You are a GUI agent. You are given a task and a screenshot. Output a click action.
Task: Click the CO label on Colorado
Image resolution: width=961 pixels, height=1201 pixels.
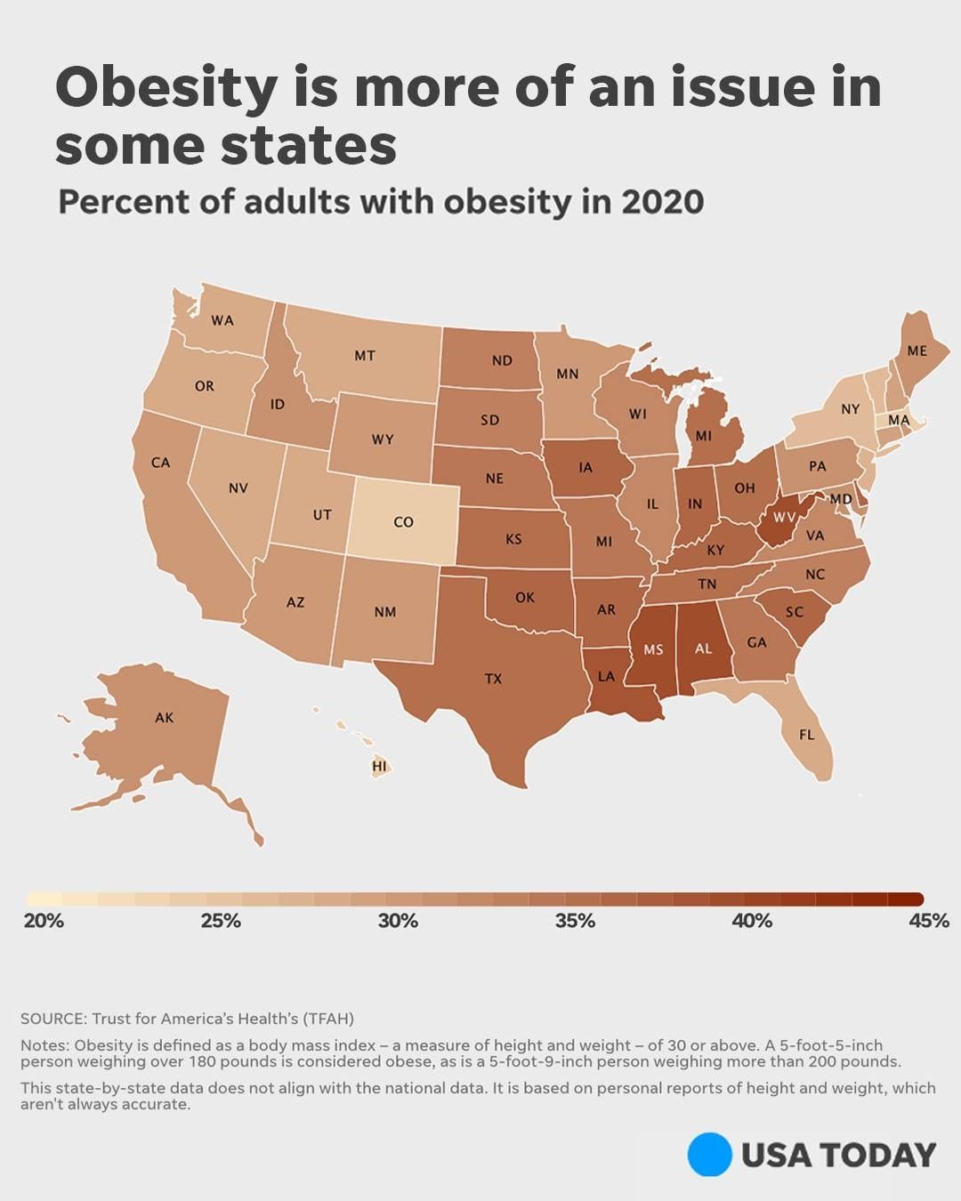(x=403, y=522)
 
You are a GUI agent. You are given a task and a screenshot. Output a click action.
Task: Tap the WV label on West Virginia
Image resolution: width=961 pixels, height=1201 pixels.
(x=784, y=517)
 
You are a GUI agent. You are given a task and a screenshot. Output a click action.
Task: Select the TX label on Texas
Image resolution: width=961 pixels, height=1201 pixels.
(x=493, y=679)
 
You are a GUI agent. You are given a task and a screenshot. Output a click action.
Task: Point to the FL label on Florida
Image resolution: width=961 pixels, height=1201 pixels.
(x=806, y=735)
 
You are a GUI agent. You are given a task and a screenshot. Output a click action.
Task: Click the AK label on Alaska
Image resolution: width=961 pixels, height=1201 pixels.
(x=165, y=717)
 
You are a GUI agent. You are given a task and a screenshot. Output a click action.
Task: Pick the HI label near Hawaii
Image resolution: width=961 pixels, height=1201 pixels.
(x=380, y=766)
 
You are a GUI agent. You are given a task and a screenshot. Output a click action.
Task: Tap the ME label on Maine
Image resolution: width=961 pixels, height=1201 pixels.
(x=917, y=351)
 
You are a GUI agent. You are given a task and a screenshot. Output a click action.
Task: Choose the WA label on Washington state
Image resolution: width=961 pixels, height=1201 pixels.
(x=222, y=320)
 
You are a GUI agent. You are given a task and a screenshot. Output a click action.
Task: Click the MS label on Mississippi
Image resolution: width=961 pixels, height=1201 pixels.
(x=653, y=649)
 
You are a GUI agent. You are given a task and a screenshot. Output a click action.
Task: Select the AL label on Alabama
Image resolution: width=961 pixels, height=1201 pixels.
(x=703, y=649)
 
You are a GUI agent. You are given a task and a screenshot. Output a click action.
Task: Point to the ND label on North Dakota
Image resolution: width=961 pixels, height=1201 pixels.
(x=502, y=360)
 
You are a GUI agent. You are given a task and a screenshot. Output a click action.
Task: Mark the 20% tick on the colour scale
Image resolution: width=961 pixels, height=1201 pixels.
(x=43, y=921)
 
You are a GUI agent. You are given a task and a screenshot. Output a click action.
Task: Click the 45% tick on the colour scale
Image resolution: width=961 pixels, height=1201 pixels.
(x=928, y=921)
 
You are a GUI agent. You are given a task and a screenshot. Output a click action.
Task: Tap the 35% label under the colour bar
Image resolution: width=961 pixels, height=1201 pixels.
(x=575, y=921)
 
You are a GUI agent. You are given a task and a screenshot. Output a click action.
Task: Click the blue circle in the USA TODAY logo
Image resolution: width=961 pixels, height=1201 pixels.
(x=709, y=1155)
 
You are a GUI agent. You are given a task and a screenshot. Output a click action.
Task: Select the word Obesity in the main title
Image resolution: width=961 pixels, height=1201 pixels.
(x=166, y=88)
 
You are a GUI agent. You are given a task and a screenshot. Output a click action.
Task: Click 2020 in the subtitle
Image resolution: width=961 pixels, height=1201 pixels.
(x=662, y=202)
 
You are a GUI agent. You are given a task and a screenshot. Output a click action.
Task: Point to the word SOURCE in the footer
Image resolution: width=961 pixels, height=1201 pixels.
(x=52, y=1019)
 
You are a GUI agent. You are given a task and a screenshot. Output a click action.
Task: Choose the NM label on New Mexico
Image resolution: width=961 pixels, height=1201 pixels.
(x=384, y=612)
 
